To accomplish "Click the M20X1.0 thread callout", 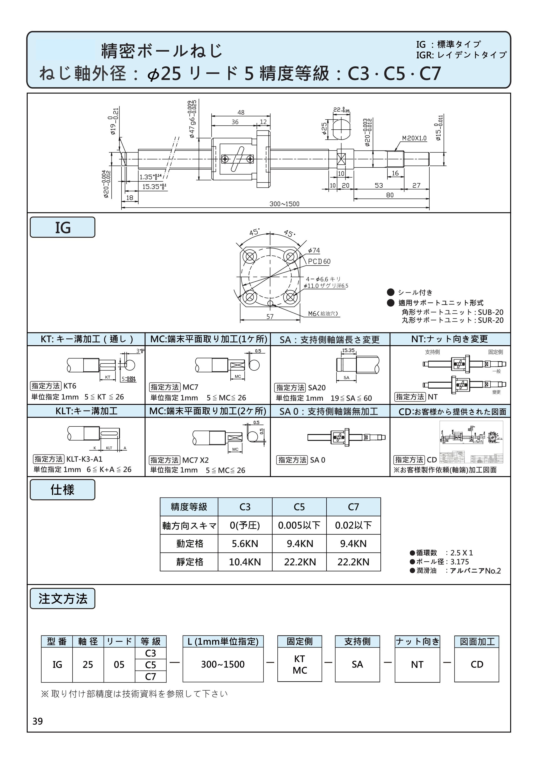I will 414,138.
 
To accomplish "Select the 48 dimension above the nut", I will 241,112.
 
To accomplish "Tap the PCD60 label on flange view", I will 319,262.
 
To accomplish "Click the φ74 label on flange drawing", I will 314,250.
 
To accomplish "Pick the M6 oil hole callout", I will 323,313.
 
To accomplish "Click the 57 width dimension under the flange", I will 270,316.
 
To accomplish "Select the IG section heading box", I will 62,228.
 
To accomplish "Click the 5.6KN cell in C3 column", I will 245,544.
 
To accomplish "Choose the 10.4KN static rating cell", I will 245,562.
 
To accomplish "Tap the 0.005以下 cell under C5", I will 299,526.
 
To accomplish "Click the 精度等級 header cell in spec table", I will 189,507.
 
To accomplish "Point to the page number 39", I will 38,721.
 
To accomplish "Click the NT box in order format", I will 417,664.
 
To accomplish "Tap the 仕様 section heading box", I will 62,490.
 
